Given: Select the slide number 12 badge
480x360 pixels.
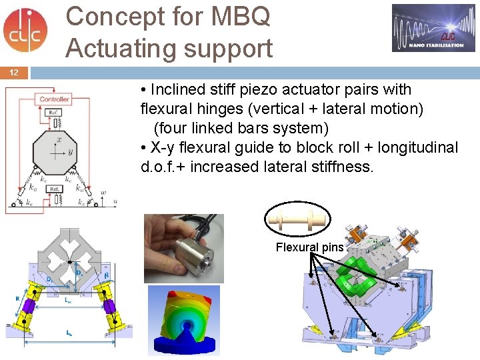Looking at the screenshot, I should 14,72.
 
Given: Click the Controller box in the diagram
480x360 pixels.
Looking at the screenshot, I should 54,99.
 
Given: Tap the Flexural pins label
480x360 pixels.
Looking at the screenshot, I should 310,247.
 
